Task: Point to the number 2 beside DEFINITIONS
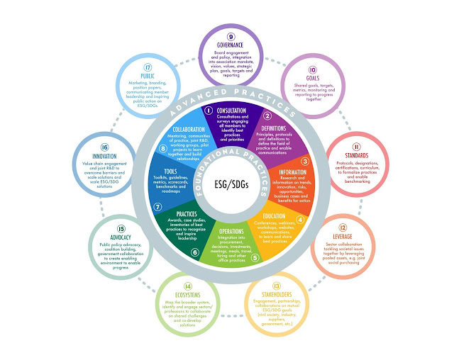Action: tap(267, 116)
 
